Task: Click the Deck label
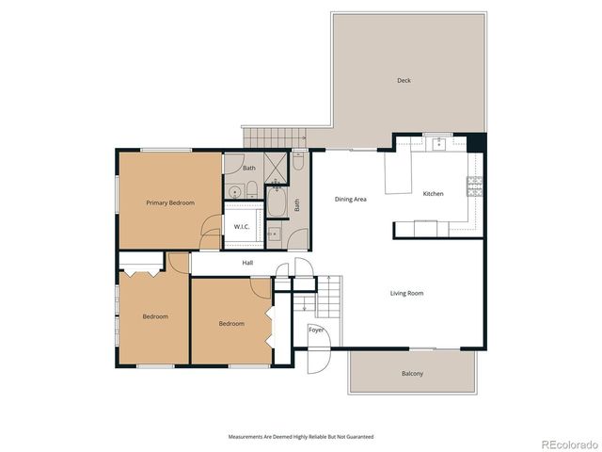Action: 404,81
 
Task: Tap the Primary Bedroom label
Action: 170,202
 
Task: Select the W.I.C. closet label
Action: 241,227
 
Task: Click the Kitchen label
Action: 433,194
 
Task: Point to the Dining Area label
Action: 351,199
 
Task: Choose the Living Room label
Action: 406,293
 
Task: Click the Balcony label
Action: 412,374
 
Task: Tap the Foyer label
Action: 316,330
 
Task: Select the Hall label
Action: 247,264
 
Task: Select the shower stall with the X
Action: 276,167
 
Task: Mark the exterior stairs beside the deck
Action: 275,137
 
